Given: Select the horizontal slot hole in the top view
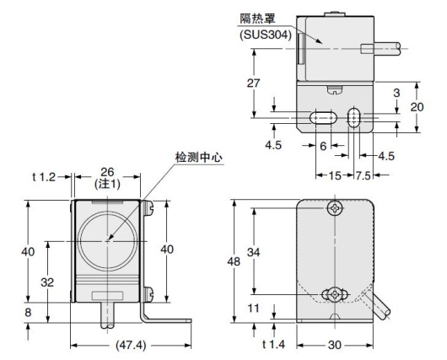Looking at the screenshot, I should [x=320, y=118].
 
